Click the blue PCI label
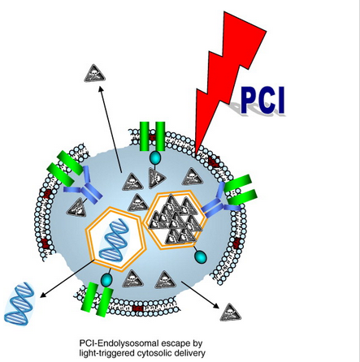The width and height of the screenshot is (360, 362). pos(262,100)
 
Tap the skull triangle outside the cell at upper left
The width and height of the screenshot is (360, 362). pos(94,74)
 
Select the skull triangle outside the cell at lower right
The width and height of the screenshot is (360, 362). pos(231,312)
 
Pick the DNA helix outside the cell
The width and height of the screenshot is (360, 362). pos(20,304)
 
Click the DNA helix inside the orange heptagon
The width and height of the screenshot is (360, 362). pos(114,239)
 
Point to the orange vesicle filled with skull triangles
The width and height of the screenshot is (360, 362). pos(176,219)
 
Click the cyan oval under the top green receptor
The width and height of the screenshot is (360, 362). pos(155,157)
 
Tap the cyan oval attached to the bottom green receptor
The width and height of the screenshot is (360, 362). pos(106,280)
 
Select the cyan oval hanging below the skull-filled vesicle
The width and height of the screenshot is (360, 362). pos(201,257)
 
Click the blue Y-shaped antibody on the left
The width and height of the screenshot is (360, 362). pos(83,187)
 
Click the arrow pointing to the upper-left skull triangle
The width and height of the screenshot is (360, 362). pos(111,130)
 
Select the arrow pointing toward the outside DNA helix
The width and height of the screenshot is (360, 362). pos(67,278)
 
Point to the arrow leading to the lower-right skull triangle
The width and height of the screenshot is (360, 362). pos(200,295)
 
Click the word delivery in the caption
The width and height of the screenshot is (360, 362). pos(192,353)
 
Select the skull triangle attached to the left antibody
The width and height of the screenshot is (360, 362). pos(76,207)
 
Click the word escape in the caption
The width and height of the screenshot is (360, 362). pos(176,344)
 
